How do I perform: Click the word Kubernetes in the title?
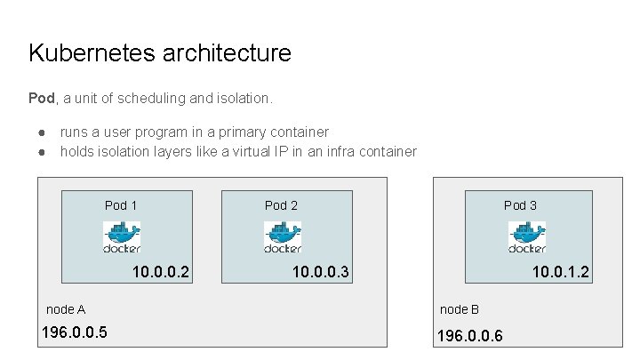[92, 52]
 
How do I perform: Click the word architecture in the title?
[227, 52]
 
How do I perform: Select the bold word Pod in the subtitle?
[42, 98]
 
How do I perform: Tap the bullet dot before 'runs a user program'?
[42, 132]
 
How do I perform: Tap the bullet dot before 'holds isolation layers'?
[42, 152]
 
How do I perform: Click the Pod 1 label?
[121, 205]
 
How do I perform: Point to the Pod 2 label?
[281, 205]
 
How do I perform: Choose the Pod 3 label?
[520, 205]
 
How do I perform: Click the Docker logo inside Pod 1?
[122, 237]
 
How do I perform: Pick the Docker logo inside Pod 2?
[283, 237]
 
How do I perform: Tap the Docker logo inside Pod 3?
[527, 237]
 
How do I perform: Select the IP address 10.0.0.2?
[161, 272]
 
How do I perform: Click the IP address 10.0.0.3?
[321, 272]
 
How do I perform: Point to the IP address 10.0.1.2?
[561, 272]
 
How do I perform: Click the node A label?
[66, 309]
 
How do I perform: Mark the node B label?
[460, 309]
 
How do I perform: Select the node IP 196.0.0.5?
[75, 332]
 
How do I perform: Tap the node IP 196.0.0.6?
[470, 336]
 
